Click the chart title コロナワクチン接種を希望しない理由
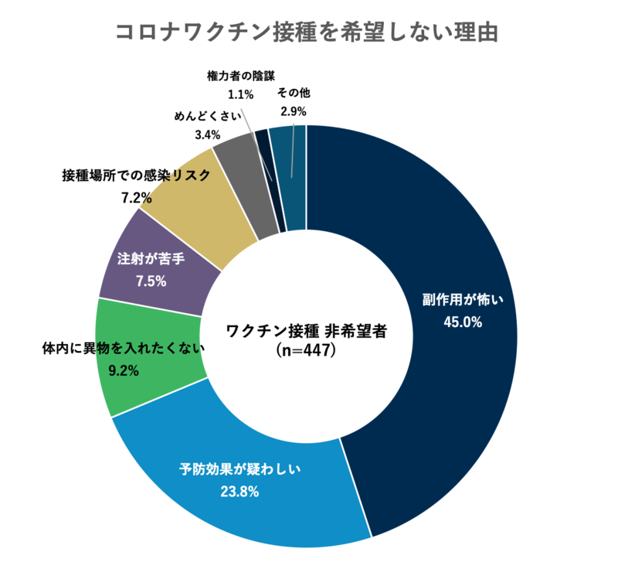[x=308, y=32]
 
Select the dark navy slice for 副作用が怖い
[x=433, y=232]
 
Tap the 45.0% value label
[x=463, y=322]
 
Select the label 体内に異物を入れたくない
[x=123, y=349]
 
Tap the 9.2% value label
[x=123, y=370]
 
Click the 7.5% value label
[x=151, y=281]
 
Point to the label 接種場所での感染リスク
[x=136, y=175]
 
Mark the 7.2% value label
[x=136, y=197]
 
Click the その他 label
[x=294, y=93]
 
